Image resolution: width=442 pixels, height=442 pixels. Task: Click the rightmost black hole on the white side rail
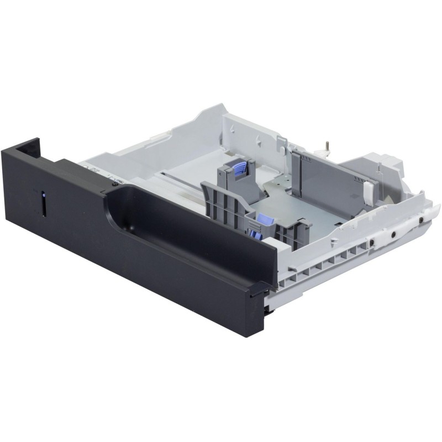point(421,220)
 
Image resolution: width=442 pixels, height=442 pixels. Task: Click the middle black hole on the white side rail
point(393,233)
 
